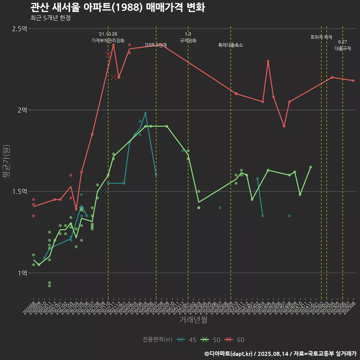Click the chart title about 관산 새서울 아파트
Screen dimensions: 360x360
point(117,7)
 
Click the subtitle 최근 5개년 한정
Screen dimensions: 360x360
point(50,18)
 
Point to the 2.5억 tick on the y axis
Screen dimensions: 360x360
point(19,28)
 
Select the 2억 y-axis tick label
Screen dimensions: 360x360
point(22,110)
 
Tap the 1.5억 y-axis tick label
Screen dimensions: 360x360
point(19,191)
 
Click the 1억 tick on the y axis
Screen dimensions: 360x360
point(22,273)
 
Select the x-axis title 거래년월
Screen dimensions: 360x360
point(193,320)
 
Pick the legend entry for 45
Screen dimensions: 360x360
point(187,340)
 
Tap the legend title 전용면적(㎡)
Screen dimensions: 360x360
point(157,340)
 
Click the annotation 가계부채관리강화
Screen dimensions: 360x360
point(108,40)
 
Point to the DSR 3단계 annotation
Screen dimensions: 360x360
point(156,45)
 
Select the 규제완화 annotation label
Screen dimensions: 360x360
point(188,40)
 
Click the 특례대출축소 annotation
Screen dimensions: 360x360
point(231,45)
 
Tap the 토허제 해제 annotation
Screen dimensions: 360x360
point(321,37)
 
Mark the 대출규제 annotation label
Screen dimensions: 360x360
point(342,48)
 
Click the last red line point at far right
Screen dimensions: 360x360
point(353,81)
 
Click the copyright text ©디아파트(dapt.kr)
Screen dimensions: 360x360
point(229,353)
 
